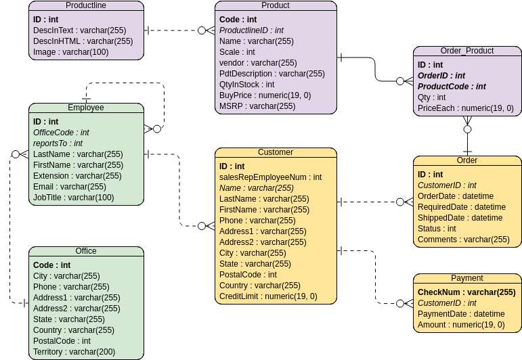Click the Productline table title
pos(86,5)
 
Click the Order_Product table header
pos(467,51)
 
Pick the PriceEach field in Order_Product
pos(465,108)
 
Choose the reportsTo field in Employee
pos(58,143)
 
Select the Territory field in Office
pos(74,352)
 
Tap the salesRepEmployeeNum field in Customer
pos(270,177)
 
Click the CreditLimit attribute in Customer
pos(268,296)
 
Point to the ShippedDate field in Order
pos(460,218)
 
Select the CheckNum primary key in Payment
pos(466,292)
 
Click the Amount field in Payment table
pos(460,325)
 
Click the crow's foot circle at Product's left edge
pos(202,30)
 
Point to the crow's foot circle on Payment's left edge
pos(400,305)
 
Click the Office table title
pos(86,251)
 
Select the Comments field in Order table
pos(463,240)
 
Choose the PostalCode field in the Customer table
pos(248,275)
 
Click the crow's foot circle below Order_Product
pos(467,129)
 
